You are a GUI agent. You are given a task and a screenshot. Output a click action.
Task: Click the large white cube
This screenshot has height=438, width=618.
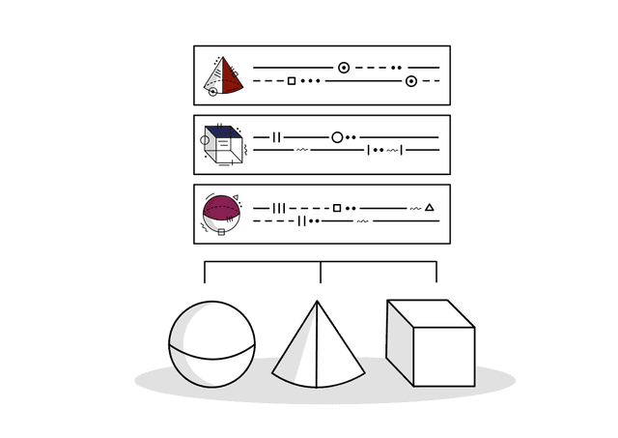click(430, 343)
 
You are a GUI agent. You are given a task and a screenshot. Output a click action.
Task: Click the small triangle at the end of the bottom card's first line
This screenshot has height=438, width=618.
click(430, 207)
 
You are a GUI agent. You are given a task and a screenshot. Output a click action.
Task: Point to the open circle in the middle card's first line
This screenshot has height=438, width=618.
click(337, 137)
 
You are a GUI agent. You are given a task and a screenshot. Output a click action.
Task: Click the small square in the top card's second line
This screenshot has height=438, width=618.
click(292, 80)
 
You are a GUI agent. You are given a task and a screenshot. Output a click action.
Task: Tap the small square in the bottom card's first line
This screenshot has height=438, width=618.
click(336, 207)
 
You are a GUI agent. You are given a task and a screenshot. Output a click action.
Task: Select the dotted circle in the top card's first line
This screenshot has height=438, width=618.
click(344, 68)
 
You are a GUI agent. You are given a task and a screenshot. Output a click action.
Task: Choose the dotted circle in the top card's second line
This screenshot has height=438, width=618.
click(411, 80)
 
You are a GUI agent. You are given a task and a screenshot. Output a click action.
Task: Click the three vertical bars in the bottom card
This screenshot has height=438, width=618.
click(279, 207)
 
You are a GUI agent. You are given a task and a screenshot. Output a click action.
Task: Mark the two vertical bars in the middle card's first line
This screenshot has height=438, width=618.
click(276, 137)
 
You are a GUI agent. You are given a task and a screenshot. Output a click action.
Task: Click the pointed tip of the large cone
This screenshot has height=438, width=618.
click(318, 303)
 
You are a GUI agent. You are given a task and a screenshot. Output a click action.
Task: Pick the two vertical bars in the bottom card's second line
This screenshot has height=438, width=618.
click(302, 220)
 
